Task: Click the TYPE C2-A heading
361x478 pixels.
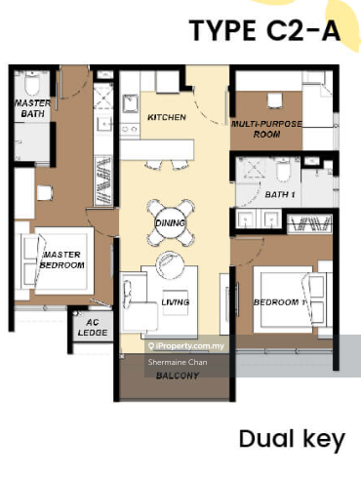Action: pos(264,30)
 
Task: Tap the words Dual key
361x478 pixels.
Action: pos(292,439)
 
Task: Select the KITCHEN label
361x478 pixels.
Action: pos(167,117)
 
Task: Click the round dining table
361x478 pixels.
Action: pos(170,222)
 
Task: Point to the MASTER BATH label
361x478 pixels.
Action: pos(33,108)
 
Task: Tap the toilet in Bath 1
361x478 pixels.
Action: pos(283,169)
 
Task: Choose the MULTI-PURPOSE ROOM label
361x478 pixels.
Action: pos(266,129)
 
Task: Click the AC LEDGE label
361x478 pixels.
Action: pos(93,328)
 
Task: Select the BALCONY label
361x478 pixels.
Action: pos(178,376)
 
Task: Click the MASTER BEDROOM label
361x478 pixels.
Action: pos(62,259)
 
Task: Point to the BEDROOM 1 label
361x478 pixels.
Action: pos(280,302)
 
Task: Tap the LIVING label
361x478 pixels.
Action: pos(176,302)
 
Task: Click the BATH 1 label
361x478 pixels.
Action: pos(280,194)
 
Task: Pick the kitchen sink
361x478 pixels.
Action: pos(131,103)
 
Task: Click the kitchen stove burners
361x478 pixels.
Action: pos(130,129)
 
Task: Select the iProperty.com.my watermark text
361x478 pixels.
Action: pos(186,346)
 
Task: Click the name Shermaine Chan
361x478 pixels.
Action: pos(178,362)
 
